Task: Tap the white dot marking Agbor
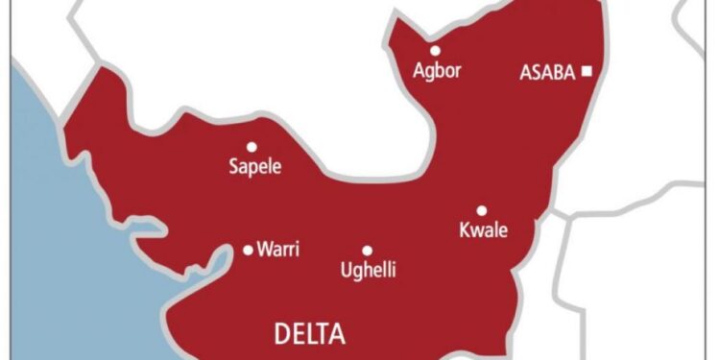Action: click(435, 50)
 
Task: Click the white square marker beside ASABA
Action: click(587, 71)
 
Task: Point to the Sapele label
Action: click(254, 167)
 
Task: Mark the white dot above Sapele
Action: click(252, 147)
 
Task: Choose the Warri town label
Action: click(278, 250)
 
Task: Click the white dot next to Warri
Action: click(248, 250)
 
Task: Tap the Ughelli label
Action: click(369, 270)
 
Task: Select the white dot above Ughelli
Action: click(367, 250)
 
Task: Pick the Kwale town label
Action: click(482, 230)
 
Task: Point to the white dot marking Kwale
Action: click(481, 210)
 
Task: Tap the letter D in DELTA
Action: click(282, 334)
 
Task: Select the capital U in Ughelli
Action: click(347, 269)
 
